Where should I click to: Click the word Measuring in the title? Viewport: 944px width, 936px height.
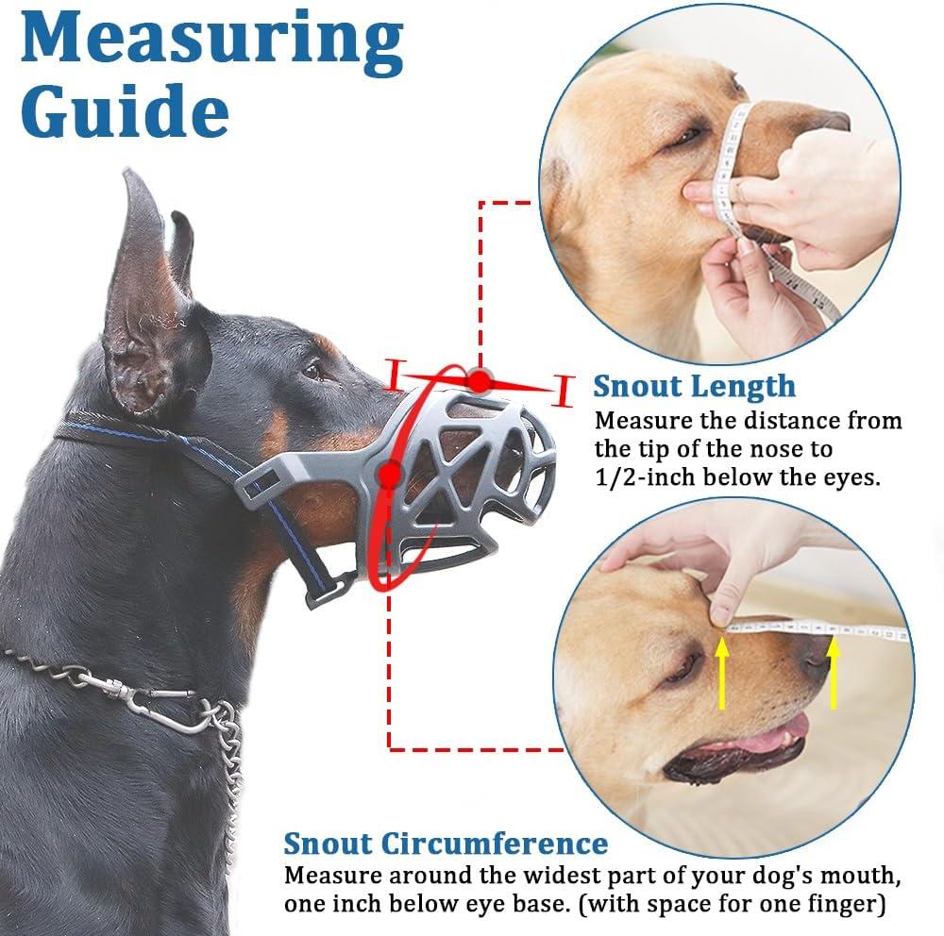tap(211, 42)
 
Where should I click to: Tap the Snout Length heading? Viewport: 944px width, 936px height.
tap(694, 386)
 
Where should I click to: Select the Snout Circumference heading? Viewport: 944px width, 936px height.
tap(446, 843)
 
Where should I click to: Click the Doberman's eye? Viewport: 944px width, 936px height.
tap(312, 371)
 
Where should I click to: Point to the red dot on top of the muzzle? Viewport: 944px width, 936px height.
tap(480, 380)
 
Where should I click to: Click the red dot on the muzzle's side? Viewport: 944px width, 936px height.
tap(388, 475)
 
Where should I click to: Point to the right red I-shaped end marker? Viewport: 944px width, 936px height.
tap(564, 390)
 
